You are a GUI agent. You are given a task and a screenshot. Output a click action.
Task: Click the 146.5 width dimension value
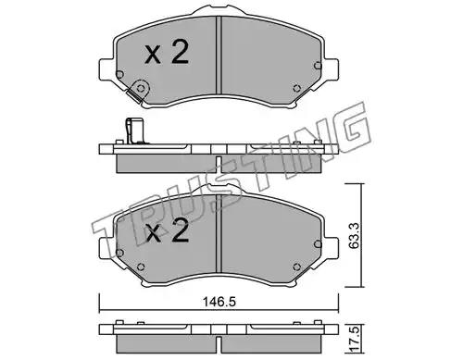pos(219,302)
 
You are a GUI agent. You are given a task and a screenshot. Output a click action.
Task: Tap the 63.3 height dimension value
pos(355,235)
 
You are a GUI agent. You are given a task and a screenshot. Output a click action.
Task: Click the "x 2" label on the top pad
pos(167,53)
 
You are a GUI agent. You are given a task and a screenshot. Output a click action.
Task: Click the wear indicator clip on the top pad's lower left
pos(137,91)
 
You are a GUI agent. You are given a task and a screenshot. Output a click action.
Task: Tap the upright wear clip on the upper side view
pos(134,131)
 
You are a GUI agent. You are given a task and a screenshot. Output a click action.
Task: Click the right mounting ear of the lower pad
pos(331,247)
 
